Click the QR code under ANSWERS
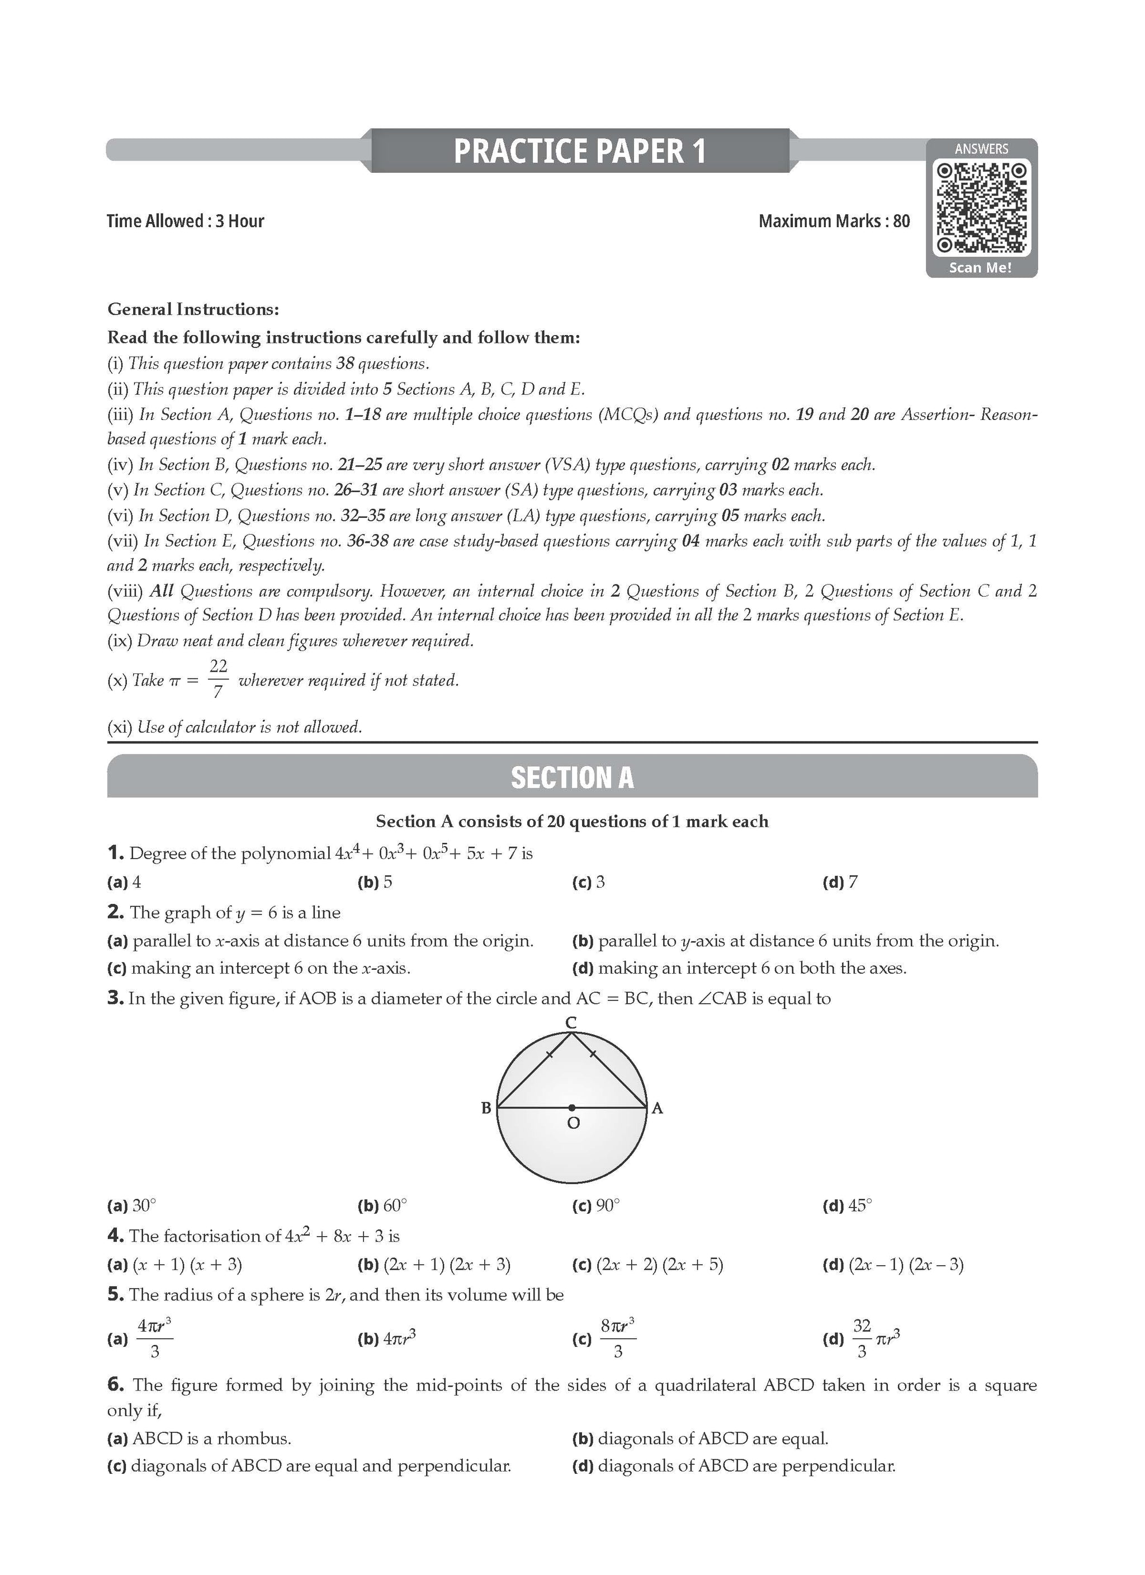click(981, 207)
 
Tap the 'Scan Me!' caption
click(981, 267)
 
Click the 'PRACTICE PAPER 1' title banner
click(580, 150)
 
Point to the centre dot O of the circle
click(571, 1107)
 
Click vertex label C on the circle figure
click(571, 1023)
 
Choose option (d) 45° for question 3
click(846, 1205)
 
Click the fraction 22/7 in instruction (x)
click(218, 678)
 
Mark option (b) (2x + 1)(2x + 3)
click(434, 1265)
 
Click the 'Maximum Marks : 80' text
click(834, 221)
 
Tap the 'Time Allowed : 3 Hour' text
click(186, 221)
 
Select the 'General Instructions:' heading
click(193, 309)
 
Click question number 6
click(115, 1385)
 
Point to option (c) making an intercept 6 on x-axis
click(259, 968)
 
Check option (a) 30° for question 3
click(130, 1205)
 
